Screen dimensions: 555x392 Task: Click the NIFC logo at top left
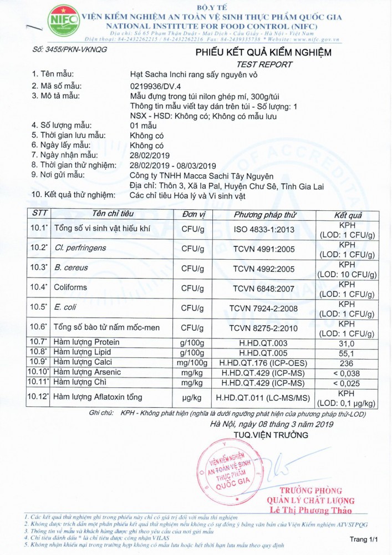[x=63, y=21]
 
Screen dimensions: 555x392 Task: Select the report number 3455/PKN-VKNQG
[x=70, y=49]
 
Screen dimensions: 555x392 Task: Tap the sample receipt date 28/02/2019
[x=150, y=155]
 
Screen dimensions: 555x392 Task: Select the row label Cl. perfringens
[x=80, y=248]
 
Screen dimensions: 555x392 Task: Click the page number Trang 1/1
[x=364, y=539]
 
